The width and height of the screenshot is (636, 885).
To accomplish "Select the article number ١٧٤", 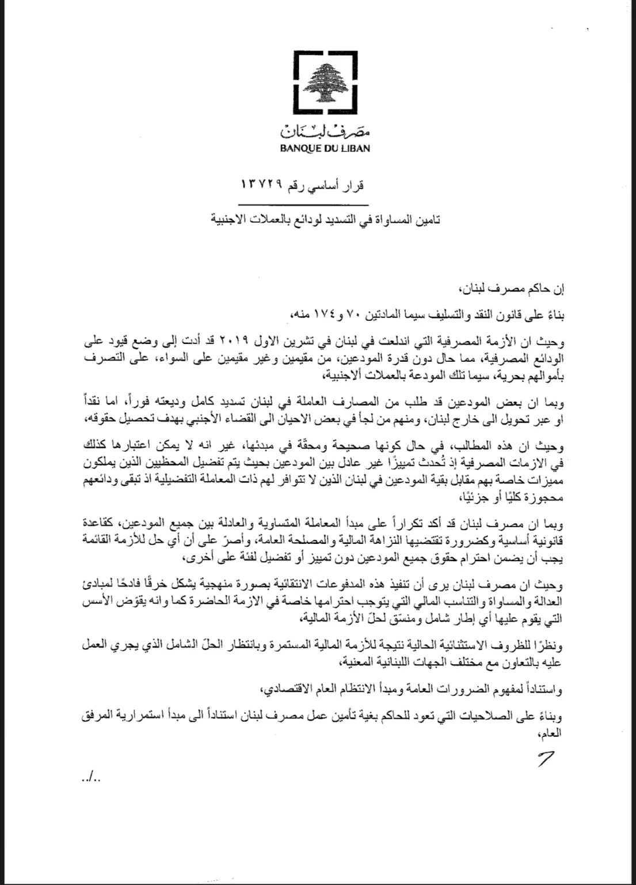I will coord(311,315).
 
